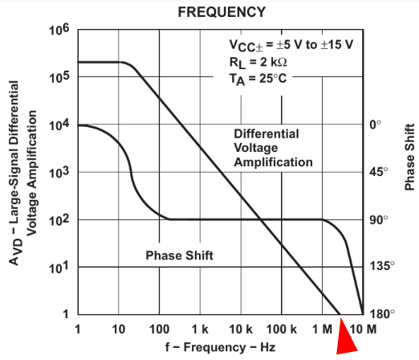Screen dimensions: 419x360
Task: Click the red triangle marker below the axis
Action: click(346, 339)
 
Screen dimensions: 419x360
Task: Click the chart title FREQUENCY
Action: click(222, 12)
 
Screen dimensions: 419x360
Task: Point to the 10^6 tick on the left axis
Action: click(59, 30)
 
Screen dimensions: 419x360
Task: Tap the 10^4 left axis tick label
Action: click(59, 125)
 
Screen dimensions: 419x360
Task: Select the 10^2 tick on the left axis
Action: click(59, 220)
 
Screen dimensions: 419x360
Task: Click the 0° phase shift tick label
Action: click(375, 125)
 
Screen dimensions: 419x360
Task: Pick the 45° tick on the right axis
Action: click(379, 171)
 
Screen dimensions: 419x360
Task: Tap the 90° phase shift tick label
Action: click(379, 220)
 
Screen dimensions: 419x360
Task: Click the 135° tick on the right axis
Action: click(382, 266)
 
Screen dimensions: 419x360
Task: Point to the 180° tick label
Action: click(382, 313)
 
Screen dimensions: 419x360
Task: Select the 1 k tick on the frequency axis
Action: click(200, 329)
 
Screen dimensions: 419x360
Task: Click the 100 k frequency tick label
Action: click(282, 329)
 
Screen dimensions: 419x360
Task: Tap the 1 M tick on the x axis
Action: click(322, 329)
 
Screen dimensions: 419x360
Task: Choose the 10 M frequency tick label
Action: click(363, 329)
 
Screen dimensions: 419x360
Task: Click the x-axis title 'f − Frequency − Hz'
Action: click(220, 347)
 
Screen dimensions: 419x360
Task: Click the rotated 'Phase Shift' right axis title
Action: click(409, 157)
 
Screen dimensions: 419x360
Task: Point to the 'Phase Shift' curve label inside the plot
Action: click(179, 256)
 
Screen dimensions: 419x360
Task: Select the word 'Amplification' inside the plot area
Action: click(273, 162)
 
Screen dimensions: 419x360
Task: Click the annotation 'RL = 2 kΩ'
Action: click(258, 63)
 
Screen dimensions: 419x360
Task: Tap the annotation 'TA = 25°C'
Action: click(258, 79)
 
